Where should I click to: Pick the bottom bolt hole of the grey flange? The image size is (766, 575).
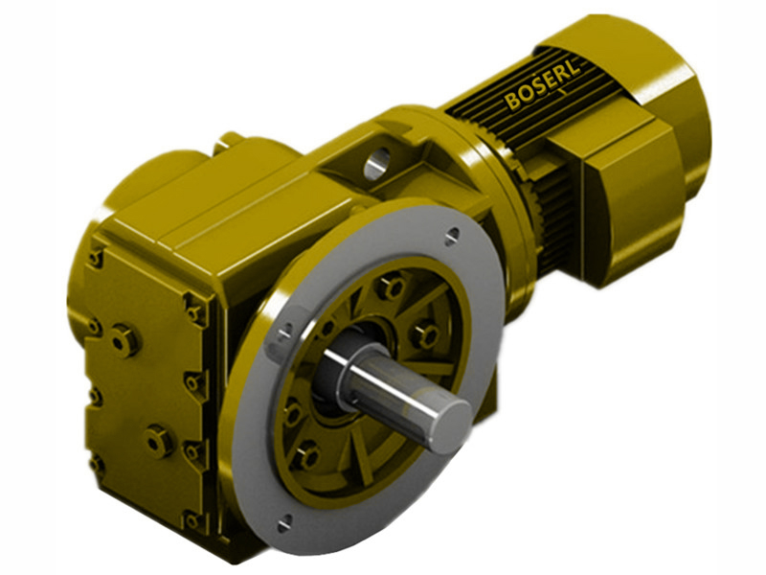point(283,522)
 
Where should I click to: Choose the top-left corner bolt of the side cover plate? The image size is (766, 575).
point(94,257)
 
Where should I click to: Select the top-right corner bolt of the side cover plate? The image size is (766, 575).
point(194,312)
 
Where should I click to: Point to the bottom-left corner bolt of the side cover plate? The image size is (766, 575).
point(96,463)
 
